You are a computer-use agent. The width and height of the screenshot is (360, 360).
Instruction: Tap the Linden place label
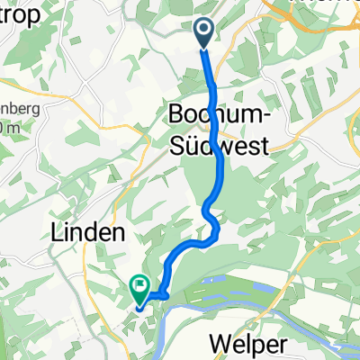tap(94, 232)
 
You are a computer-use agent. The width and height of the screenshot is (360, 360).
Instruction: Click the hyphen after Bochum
tap(265, 117)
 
